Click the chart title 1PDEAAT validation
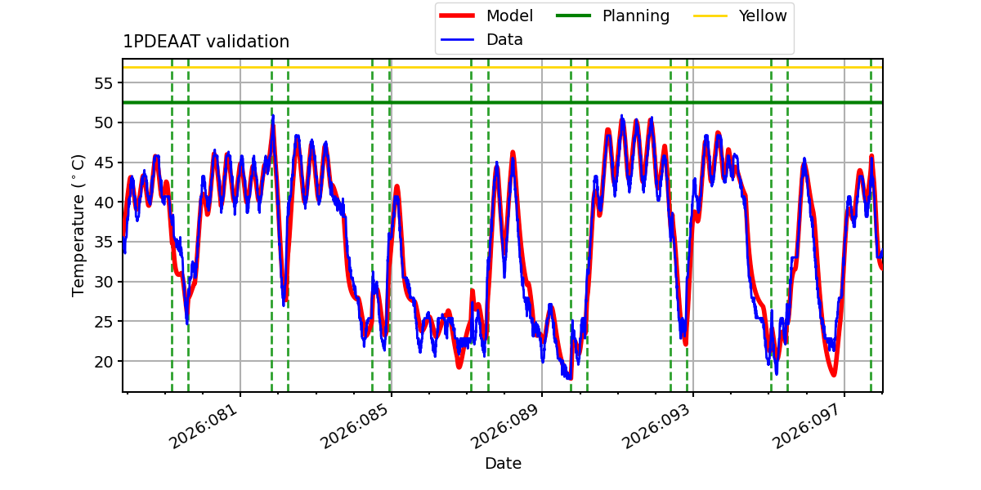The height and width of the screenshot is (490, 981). pyautogui.click(x=206, y=42)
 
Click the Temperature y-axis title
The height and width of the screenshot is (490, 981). pyautogui.click(x=78, y=225)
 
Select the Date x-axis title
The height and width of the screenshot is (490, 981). pyautogui.click(x=503, y=464)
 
